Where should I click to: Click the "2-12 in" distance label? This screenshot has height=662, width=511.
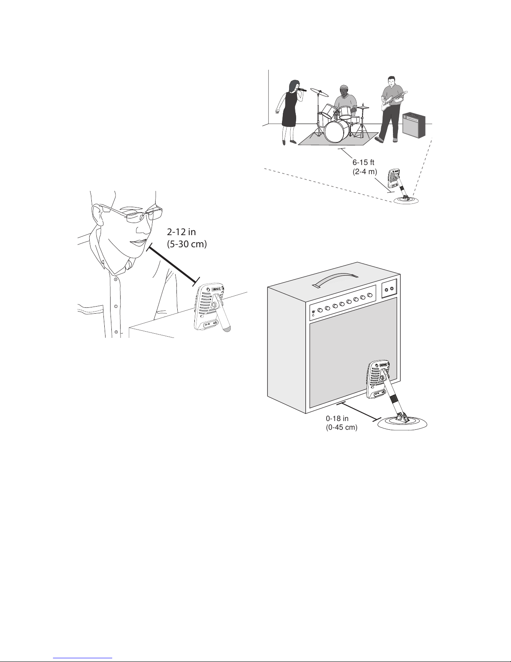pyautogui.click(x=181, y=232)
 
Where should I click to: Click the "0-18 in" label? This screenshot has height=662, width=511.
pyautogui.click(x=337, y=419)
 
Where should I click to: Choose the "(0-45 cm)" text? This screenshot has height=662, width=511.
pyautogui.click(x=341, y=428)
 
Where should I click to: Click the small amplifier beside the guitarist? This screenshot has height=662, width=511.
pyautogui.click(x=414, y=124)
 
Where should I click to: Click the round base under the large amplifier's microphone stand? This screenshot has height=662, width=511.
pyautogui.click(x=403, y=424)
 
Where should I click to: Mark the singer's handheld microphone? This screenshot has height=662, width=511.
pyautogui.click(x=302, y=89)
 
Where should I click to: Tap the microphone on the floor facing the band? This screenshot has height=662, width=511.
pyautogui.click(x=394, y=179)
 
